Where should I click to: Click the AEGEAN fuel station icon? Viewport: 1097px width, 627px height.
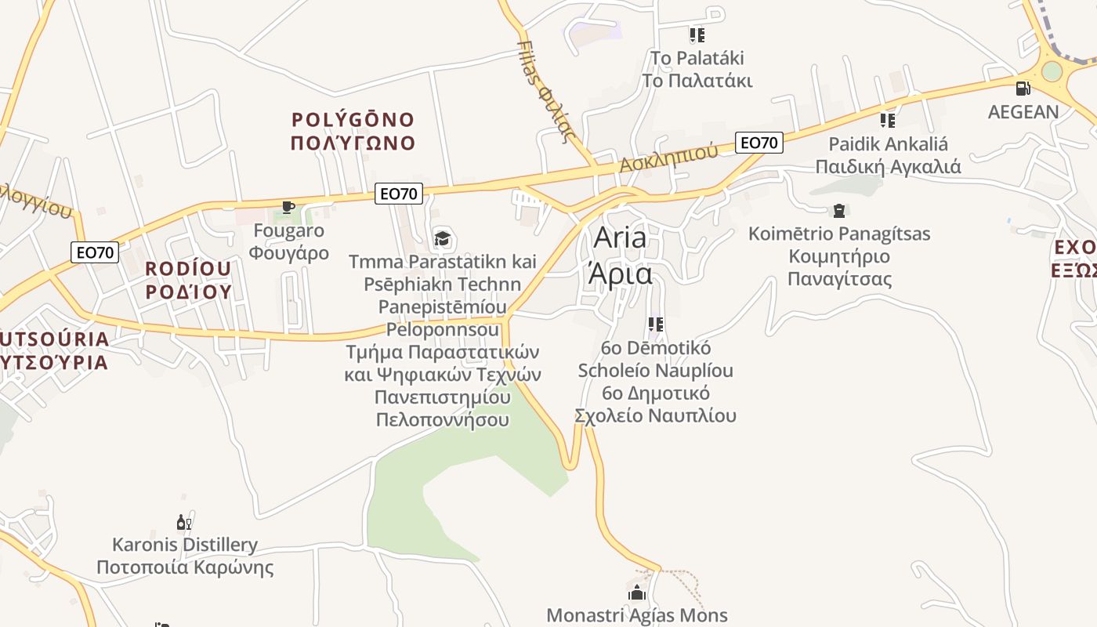[1023, 89]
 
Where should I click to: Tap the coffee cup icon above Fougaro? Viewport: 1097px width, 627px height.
[288, 208]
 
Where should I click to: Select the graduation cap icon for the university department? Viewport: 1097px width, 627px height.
[443, 238]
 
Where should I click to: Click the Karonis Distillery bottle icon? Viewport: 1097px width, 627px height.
[184, 522]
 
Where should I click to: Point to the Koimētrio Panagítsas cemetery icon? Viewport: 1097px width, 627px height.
[839, 211]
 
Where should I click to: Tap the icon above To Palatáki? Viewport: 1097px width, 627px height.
[697, 35]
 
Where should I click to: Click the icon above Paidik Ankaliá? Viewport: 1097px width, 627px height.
[888, 121]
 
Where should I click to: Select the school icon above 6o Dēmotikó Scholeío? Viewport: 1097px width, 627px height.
[656, 324]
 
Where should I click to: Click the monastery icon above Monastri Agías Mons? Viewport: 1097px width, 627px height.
[637, 592]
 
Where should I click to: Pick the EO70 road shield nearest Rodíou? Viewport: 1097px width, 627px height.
[95, 252]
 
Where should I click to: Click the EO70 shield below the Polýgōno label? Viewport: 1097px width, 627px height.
[399, 193]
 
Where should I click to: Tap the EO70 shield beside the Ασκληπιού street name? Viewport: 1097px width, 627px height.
[759, 143]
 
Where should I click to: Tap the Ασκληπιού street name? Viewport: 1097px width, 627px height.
[668, 157]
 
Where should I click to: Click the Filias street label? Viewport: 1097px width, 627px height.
[542, 90]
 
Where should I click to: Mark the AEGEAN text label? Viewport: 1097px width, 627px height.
[1023, 112]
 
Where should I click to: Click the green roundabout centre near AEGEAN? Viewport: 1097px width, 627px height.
[1052, 71]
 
